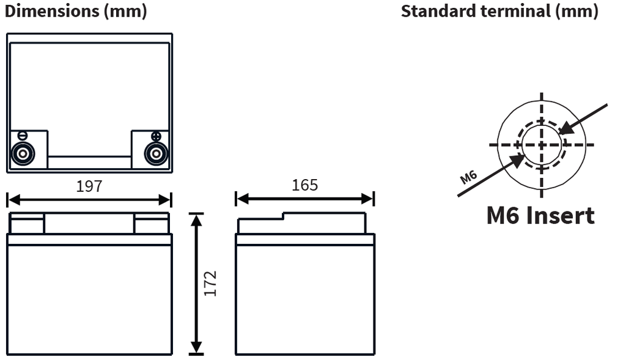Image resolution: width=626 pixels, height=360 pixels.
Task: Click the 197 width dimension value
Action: tap(89, 186)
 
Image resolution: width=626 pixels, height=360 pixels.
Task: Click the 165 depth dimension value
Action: tap(304, 185)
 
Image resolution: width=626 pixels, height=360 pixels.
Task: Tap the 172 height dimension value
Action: tap(210, 284)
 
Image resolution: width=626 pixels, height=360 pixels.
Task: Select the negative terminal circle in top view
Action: tap(23, 153)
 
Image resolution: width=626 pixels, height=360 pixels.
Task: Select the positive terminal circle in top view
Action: tap(156, 153)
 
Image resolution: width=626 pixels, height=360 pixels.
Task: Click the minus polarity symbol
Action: tap(23, 136)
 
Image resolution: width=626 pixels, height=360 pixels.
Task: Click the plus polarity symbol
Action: tap(156, 136)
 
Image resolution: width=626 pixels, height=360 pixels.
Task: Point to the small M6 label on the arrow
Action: tap(468, 177)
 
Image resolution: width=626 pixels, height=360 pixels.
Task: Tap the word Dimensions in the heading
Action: tap(52, 11)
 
